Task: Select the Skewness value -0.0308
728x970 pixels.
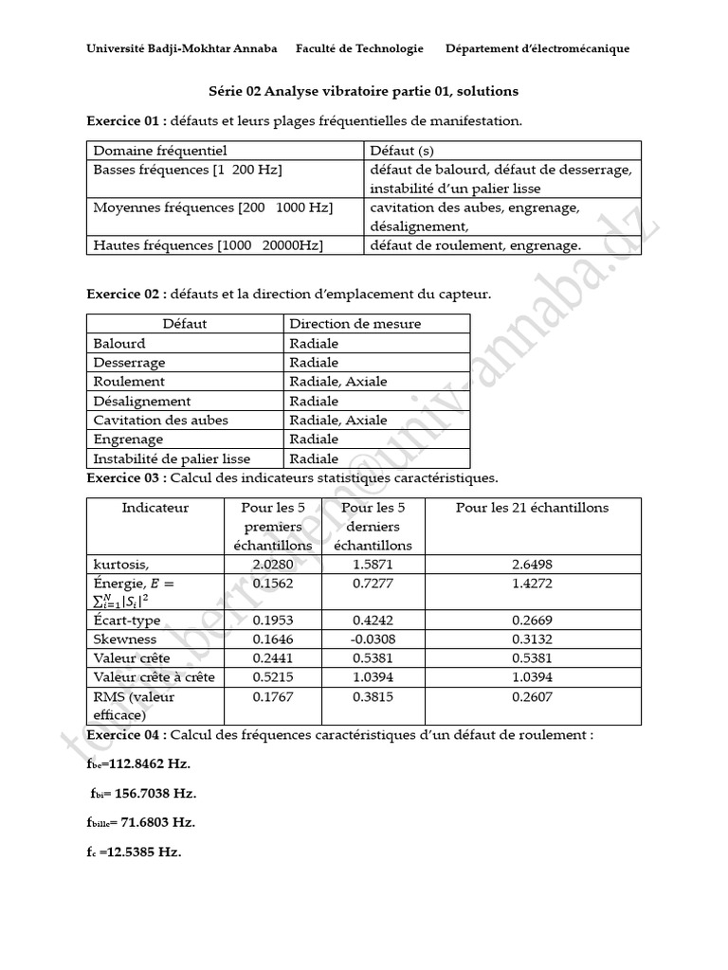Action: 373,639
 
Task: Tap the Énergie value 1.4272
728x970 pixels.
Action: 531,584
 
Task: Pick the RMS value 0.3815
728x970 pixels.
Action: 373,697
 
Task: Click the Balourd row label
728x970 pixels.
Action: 119,343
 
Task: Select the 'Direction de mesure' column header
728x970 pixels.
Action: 355,324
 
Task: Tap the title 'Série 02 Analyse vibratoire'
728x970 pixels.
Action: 363,91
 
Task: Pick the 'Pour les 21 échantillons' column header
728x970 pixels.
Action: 531,508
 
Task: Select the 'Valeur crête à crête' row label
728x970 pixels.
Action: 154,677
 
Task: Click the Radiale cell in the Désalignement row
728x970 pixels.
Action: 314,401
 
